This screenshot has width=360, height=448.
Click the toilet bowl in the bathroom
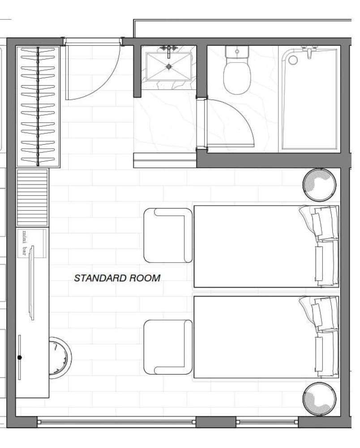pos(237,77)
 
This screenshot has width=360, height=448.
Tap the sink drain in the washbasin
pos(169,67)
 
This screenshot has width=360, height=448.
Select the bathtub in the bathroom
pos(309,99)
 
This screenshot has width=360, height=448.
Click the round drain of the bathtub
pos(292,60)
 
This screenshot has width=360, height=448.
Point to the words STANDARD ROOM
pos(117,278)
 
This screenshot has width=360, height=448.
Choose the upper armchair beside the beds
pos(168,236)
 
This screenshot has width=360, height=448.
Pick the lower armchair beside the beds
pos(168,347)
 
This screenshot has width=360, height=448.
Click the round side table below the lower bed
pos(319,399)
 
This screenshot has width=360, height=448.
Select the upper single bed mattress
pos(266,246)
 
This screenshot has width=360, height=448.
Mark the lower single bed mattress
pos(266,337)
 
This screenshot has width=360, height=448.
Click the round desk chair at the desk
pos(60,358)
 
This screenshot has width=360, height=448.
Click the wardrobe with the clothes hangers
pos(38,106)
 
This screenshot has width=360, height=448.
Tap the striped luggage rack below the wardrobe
pos(32,198)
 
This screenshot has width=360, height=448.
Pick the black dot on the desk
pos(19,358)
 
